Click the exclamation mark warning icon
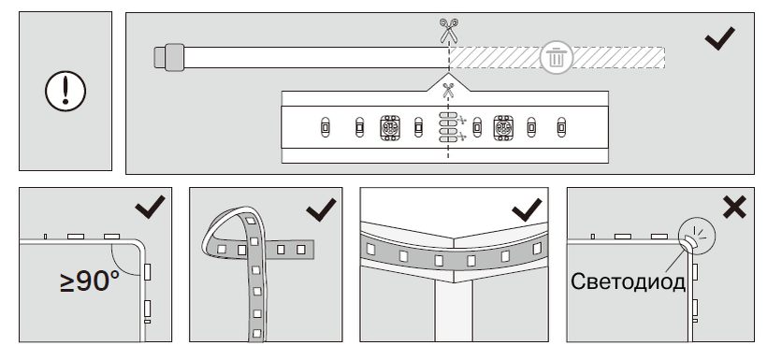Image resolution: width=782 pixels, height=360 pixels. [x=65, y=91]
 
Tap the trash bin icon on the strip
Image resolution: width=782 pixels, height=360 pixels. [x=556, y=57]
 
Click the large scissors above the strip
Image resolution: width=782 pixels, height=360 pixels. [x=448, y=31]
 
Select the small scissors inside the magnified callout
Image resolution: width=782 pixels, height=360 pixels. [x=448, y=91]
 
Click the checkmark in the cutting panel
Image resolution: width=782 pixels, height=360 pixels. [x=719, y=38]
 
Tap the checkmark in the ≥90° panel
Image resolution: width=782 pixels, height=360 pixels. [x=150, y=207]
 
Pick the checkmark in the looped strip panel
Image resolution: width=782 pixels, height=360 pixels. [x=321, y=209]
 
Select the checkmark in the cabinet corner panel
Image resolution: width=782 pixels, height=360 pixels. [x=527, y=209]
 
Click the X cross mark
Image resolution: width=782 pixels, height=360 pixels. [x=734, y=207]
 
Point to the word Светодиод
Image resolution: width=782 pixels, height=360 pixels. [x=628, y=281]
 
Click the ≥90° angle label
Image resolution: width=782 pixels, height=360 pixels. [x=90, y=281]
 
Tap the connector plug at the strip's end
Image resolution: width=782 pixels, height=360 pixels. [x=169, y=57]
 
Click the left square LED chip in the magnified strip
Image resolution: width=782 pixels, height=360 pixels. [x=389, y=128]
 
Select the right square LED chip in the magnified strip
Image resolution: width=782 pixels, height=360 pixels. [x=503, y=128]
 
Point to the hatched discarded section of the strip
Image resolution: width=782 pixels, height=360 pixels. [x=558, y=57]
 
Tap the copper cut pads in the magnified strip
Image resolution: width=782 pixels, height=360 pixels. [x=448, y=127]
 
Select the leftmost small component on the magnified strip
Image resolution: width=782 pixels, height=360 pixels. [x=325, y=128]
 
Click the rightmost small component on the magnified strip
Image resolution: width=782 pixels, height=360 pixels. [x=561, y=128]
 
